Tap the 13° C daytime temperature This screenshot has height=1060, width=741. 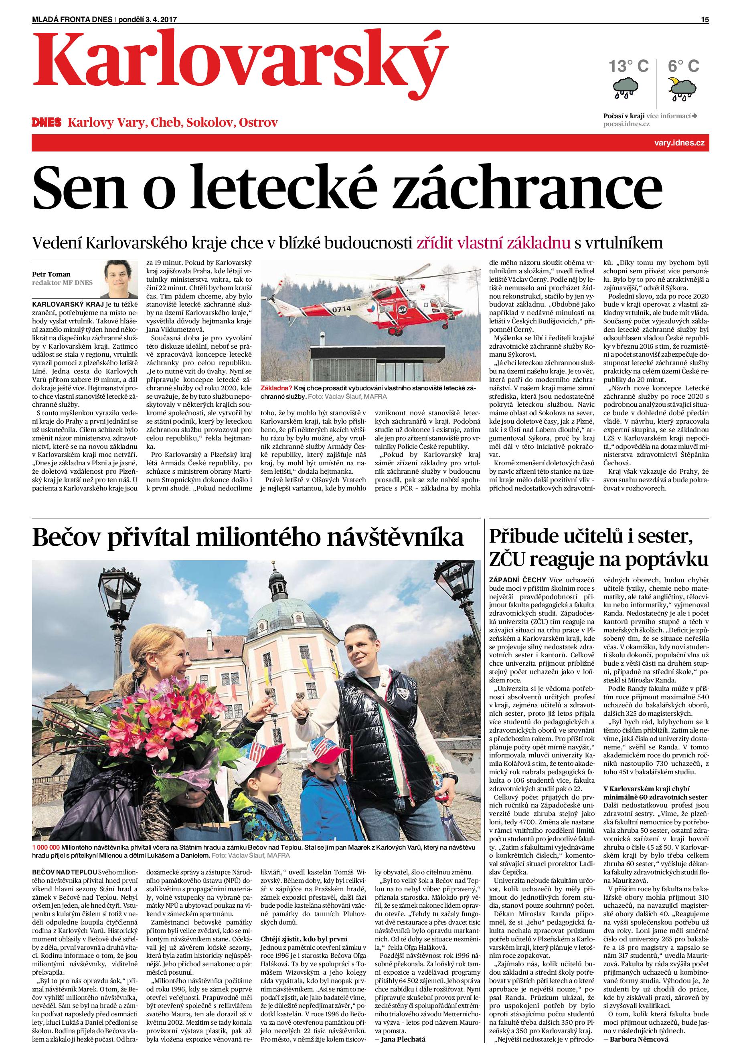(x=628, y=66)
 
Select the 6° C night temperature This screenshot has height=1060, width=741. (x=683, y=66)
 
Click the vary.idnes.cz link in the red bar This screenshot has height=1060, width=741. (x=686, y=143)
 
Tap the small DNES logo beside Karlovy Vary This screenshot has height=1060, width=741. (x=46, y=123)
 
